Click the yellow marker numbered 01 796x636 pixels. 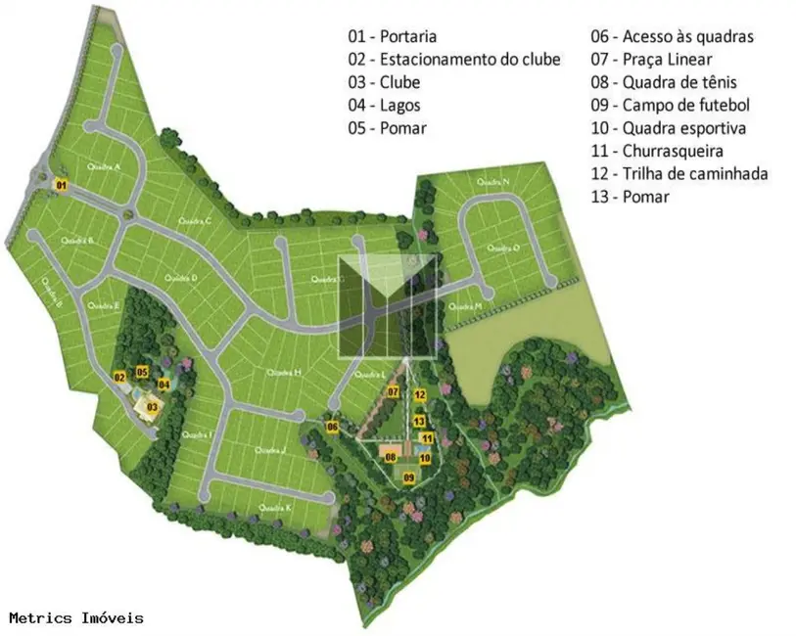pos(61,185)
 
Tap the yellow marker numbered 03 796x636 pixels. pos(152,405)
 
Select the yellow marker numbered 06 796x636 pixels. pos(333,427)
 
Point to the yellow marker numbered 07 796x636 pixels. pos(393,392)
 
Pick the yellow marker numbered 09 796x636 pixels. pos(409,477)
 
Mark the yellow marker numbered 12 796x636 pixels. pos(419,395)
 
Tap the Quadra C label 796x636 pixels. pos(195,221)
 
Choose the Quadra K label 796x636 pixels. pos(275,508)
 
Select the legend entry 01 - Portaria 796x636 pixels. pos(394,36)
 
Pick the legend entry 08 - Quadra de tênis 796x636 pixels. pos(664,82)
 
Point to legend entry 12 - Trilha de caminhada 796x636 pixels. pos(679,174)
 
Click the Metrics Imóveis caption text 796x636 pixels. pos(76,618)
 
